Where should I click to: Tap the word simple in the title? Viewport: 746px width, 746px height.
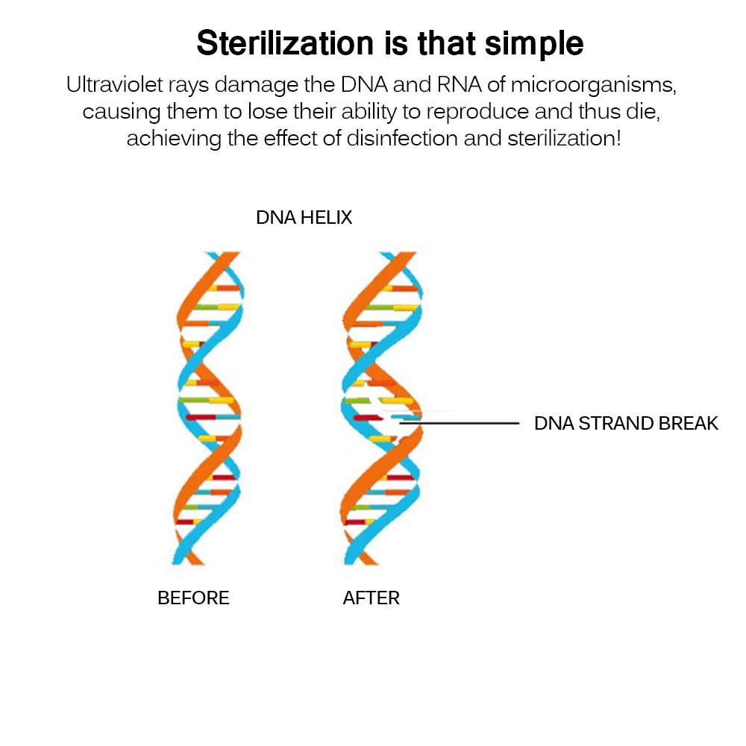tap(534, 44)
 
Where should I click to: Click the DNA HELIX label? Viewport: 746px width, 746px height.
tap(304, 218)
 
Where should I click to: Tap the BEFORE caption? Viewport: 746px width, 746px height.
tap(193, 598)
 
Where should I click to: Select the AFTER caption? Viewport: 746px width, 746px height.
tap(372, 598)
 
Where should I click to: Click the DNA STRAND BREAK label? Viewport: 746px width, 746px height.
tap(626, 424)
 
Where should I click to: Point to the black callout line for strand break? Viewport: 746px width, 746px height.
tap(463, 423)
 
